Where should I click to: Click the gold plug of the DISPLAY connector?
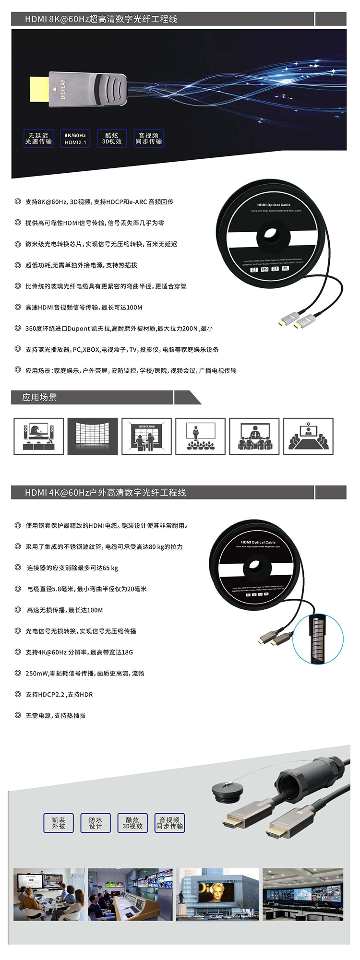[x=39, y=89]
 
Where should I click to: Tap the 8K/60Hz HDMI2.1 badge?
[x=75, y=139]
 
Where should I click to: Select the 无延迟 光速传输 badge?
[x=38, y=139]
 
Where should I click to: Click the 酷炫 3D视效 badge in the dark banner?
[x=112, y=139]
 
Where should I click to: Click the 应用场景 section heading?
[x=39, y=397]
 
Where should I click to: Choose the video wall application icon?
[x=93, y=436]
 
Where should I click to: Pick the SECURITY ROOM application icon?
[x=146, y=436]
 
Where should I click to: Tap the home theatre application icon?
[x=38, y=436]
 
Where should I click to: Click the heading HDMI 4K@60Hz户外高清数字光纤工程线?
[x=106, y=492]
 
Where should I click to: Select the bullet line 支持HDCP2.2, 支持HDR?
[x=59, y=694]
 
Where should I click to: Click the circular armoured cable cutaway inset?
[x=318, y=639]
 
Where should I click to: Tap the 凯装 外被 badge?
[x=59, y=823]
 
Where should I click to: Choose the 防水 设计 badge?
[x=96, y=823]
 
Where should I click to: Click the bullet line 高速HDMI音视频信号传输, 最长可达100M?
[x=84, y=307]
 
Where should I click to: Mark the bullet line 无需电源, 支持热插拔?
[x=56, y=715]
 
